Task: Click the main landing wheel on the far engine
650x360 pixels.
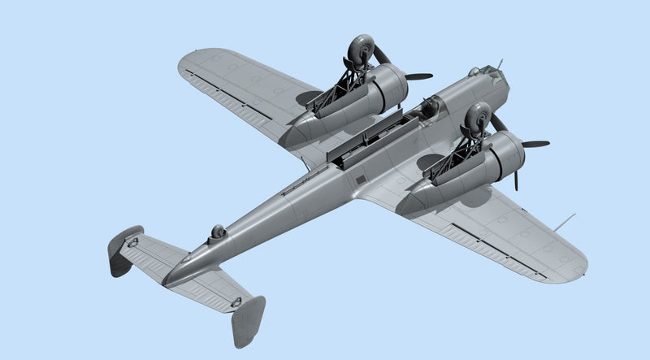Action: (357, 50)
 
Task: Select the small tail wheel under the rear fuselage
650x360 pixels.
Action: (217, 234)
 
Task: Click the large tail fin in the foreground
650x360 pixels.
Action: (248, 320)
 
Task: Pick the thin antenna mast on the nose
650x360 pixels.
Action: (500, 63)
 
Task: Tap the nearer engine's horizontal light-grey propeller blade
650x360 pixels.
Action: (535, 144)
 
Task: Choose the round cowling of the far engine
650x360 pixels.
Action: (391, 83)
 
